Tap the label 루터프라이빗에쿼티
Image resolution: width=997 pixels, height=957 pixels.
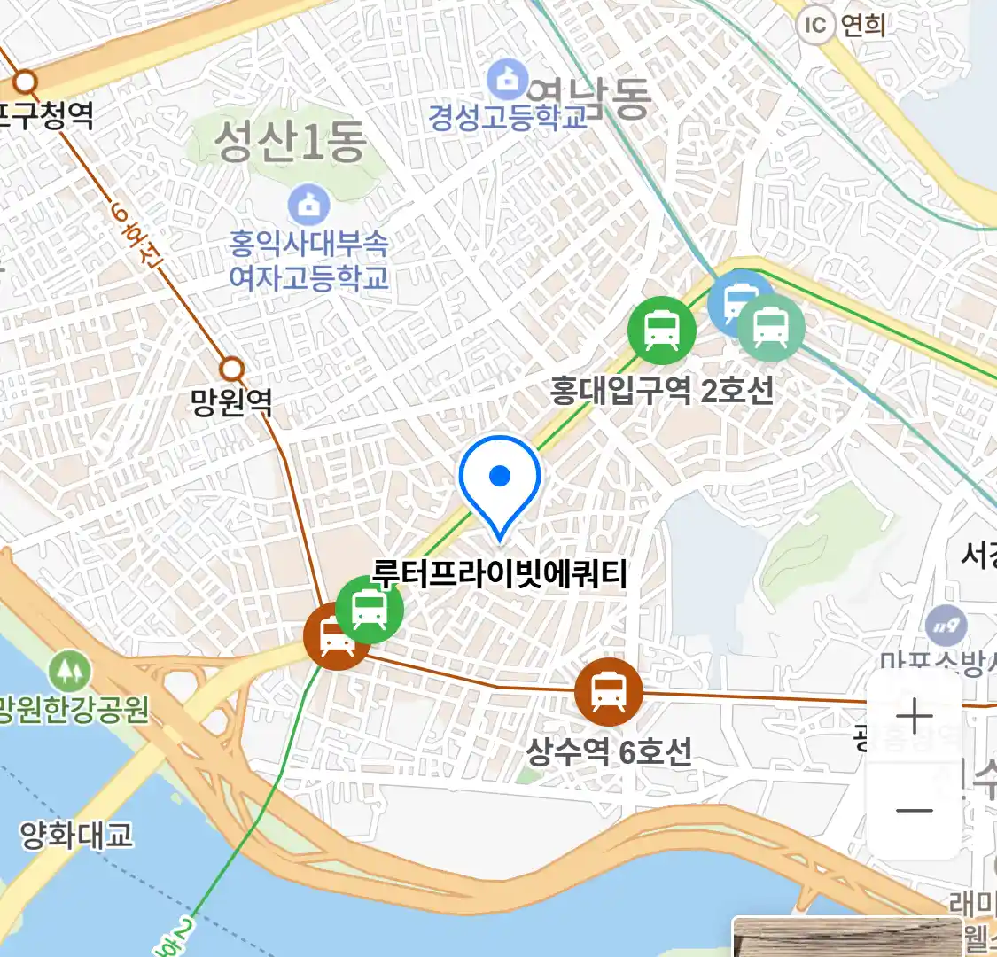click(x=500, y=574)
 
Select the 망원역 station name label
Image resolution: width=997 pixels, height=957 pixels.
click(x=231, y=403)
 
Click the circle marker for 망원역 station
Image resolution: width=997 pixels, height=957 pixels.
click(x=231, y=368)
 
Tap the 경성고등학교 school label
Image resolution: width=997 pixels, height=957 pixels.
click(x=508, y=117)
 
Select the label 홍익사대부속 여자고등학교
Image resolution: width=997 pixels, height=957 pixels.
click(x=308, y=261)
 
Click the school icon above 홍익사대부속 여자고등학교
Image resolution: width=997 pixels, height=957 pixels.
click(x=308, y=206)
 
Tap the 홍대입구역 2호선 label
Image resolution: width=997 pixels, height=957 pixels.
click(x=662, y=390)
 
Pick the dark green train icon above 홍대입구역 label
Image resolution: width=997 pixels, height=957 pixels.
click(x=661, y=330)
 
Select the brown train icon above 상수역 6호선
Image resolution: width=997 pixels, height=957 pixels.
click(x=608, y=692)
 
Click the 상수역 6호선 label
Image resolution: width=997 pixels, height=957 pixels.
click(x=609, y=752)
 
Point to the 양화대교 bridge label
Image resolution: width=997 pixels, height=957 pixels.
click(x=76, y=835)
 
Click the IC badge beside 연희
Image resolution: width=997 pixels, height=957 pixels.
click(x=814, y=26)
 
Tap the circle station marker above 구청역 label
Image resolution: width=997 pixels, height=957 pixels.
click(x=25, y=82)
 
